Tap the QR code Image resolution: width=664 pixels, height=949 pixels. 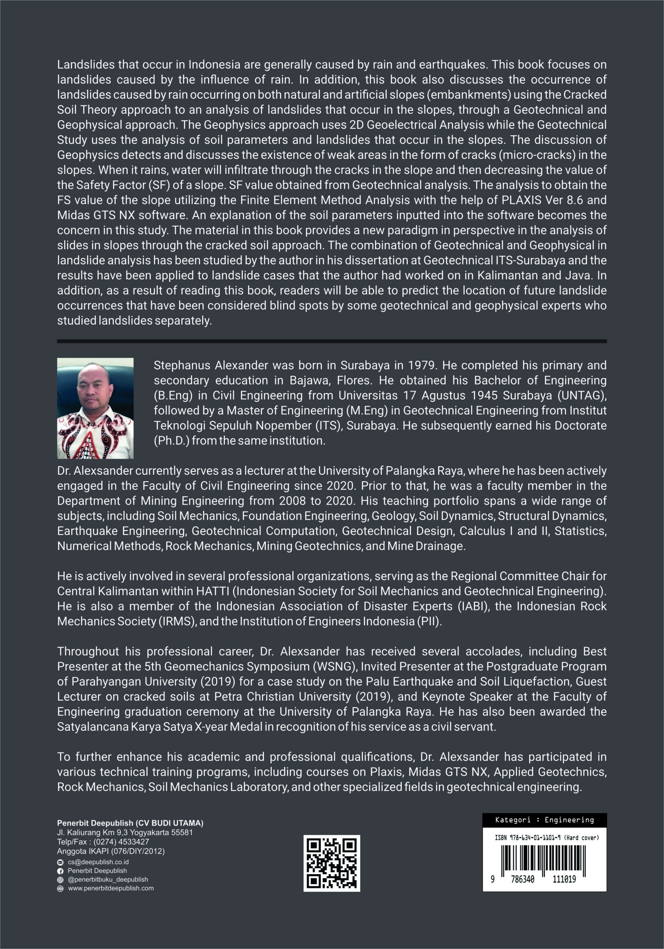tap(331, 863)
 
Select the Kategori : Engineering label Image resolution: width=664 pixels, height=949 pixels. tap(544, 820)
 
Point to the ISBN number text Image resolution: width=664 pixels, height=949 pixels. tap(547, 837)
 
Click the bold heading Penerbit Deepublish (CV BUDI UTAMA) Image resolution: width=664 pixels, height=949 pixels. tap(130, 823)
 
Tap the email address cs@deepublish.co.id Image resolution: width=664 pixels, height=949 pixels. tap(98, 862)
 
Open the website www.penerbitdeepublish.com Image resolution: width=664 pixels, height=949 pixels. tap(111, 888)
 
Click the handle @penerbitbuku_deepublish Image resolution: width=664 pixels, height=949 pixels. tap(107, 880)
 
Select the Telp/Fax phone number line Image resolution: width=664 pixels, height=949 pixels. tap(103, 841)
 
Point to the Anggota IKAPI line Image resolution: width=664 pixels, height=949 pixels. tap(111, 851)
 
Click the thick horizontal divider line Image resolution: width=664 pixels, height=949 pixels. tap(331, 341)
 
